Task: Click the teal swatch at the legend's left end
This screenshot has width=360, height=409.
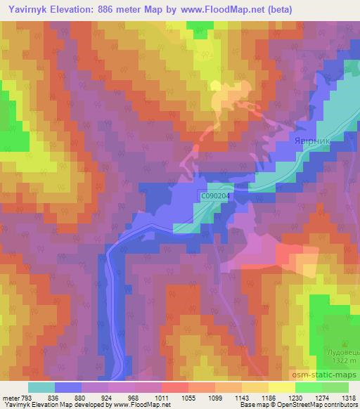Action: click(41, 387)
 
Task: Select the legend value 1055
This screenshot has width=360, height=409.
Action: click(189, 397)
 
